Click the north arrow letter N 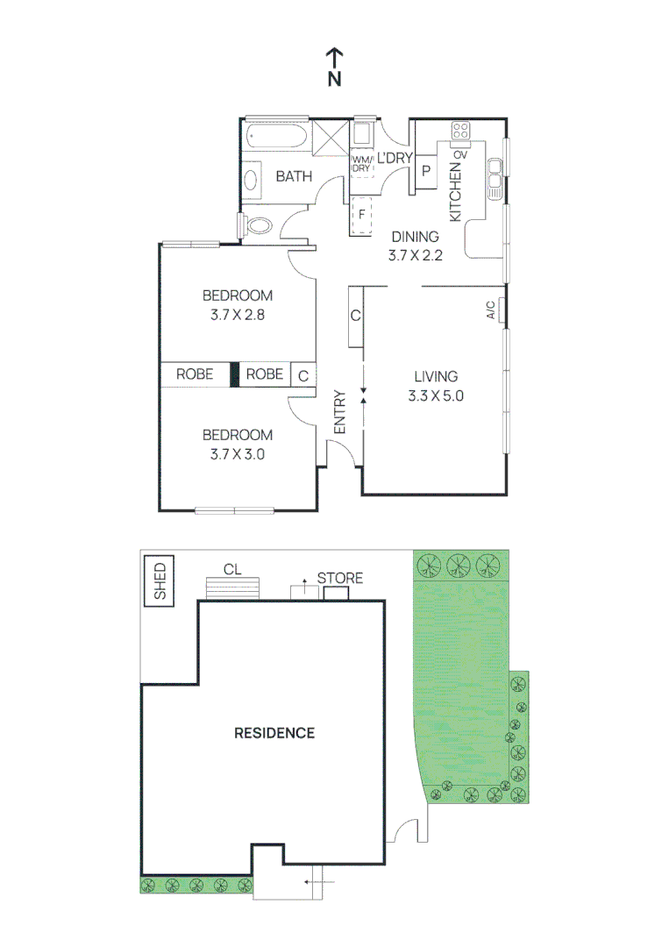click(x=334, y=79)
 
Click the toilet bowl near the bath click(x=260, y=225)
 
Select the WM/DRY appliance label click(x=362, y=163)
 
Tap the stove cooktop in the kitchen click(x=460, y=132)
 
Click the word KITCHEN click(x=455, y=192)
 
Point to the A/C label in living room click(x=491, y=310)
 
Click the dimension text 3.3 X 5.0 click(x=435, y=395)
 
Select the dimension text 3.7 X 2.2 click(x=415, y=256)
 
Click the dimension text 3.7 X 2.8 click(x=237, y=315)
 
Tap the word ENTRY click(x=340, y=412)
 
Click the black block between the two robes click(x=234, y=374)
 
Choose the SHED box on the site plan click(x=160, y=580)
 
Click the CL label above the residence click(x=231, y=569)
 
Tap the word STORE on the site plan click(x=339, y=579)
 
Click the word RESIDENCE click(x=274, y=733)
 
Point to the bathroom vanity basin click(x=251, y=181)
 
